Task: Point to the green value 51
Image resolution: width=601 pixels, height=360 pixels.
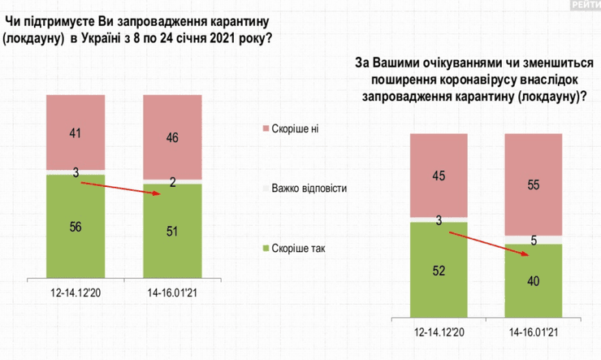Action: click(171, 232)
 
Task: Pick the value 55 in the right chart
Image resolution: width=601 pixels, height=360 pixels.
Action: click(534, 185)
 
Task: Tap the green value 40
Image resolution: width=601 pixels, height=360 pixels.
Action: click(534, 282)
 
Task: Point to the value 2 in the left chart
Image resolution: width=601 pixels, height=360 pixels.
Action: click(172, 183)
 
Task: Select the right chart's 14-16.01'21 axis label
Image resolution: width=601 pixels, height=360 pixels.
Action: click(534, 333)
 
